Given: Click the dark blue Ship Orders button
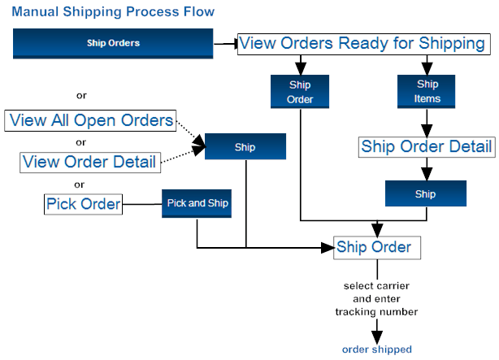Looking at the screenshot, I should point(112,43).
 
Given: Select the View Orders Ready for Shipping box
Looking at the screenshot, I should point(363,43).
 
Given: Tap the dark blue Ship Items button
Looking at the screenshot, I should point(427,91).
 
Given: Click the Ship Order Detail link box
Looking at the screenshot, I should point(427,146).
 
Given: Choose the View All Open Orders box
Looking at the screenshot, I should point(91,121).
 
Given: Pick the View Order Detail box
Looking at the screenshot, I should point(89,162).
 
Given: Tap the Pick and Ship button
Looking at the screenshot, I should point(197,203).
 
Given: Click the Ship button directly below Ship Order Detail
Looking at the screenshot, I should point(425,194).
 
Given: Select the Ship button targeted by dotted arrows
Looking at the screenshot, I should point(245,147).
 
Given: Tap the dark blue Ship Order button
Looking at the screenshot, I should point(300,91).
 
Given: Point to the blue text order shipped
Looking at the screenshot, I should point(377,349).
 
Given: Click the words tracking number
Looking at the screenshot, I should point(377,311).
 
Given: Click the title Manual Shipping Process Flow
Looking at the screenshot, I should point(113,11).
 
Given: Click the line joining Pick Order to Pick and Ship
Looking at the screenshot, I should point(142,203).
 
